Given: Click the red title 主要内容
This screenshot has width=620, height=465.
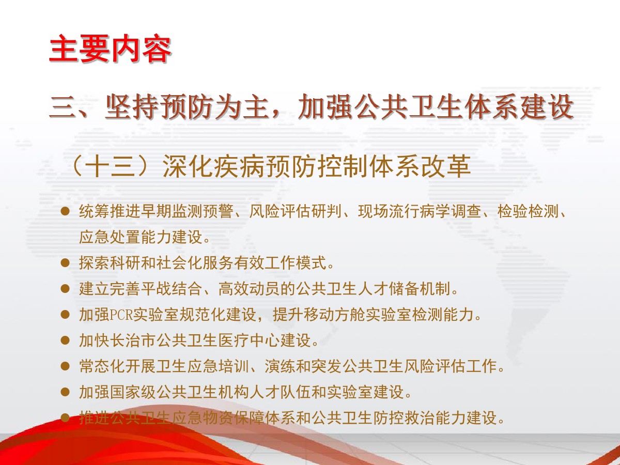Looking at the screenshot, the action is (110, 48).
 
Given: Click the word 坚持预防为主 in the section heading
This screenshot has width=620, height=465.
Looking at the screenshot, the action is (186, 106).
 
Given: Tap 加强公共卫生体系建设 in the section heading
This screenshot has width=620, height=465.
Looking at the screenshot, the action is (436, 106).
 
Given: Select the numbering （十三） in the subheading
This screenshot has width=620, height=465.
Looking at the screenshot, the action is (114, 166).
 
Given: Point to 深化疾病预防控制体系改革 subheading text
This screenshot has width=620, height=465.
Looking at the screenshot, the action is (317, 166).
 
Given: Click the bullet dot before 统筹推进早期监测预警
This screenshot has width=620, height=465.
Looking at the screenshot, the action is (65, 211).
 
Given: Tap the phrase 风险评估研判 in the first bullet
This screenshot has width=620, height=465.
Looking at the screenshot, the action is (296, 211).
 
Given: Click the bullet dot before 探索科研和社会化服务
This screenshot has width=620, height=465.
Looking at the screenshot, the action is (65, 262).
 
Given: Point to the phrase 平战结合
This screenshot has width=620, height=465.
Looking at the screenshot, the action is (171, 288).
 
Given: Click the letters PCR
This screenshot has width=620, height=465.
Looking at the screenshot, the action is (121, 315).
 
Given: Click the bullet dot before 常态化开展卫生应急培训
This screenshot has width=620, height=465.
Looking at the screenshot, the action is (65, 366).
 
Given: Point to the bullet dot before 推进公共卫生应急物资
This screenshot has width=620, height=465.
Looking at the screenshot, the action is (65, 417).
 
